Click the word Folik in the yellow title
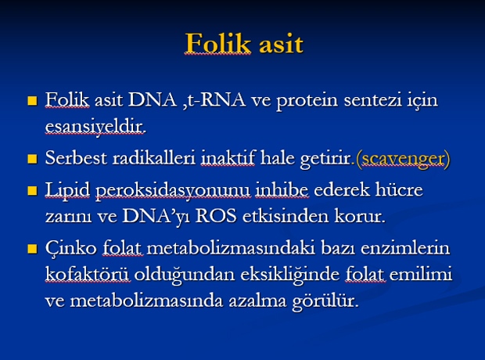pyautogui.click(x=217, y=44)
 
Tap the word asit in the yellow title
pyautogui.click(x=281, y=45)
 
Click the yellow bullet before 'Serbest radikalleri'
pyautogui.click(x=32, y=159)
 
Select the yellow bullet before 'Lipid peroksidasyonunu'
pyautogui.click(x=32, y=190)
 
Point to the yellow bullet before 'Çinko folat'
pyautogui.click(x=32, y=249)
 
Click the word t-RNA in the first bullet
pyautogui.click(x=217, y=100)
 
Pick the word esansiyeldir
pyautogui.click(x=95, y=127)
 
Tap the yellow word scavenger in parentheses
pyautogui.click(x=404, y=159)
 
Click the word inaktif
pyautogui.click(x=228, y=157)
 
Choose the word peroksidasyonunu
pyautogui.click(x=173, y=190)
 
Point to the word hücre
pyautogui.click(x=399, y=189)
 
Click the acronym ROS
pyautogui.click(x=216, y=216)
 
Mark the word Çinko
pyautogui.click(x=71, y=248)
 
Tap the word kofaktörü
pyautogui.click(x=88, y=274)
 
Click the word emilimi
pyautogui.click(x=421, y=274)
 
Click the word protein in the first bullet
pyautogui.click(x=307, y=101)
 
